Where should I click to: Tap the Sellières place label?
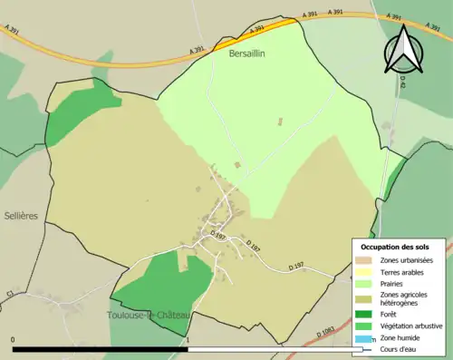[x=21, y=216]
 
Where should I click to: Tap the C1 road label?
[x=11, y=294]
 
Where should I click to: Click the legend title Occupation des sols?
[x=395, y=247]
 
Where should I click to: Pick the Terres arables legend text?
[x=401, y=271]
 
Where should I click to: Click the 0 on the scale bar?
[x=14, y=340]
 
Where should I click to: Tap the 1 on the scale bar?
[x=188, y=340]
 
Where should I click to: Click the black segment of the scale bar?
[x=100, y=349]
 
